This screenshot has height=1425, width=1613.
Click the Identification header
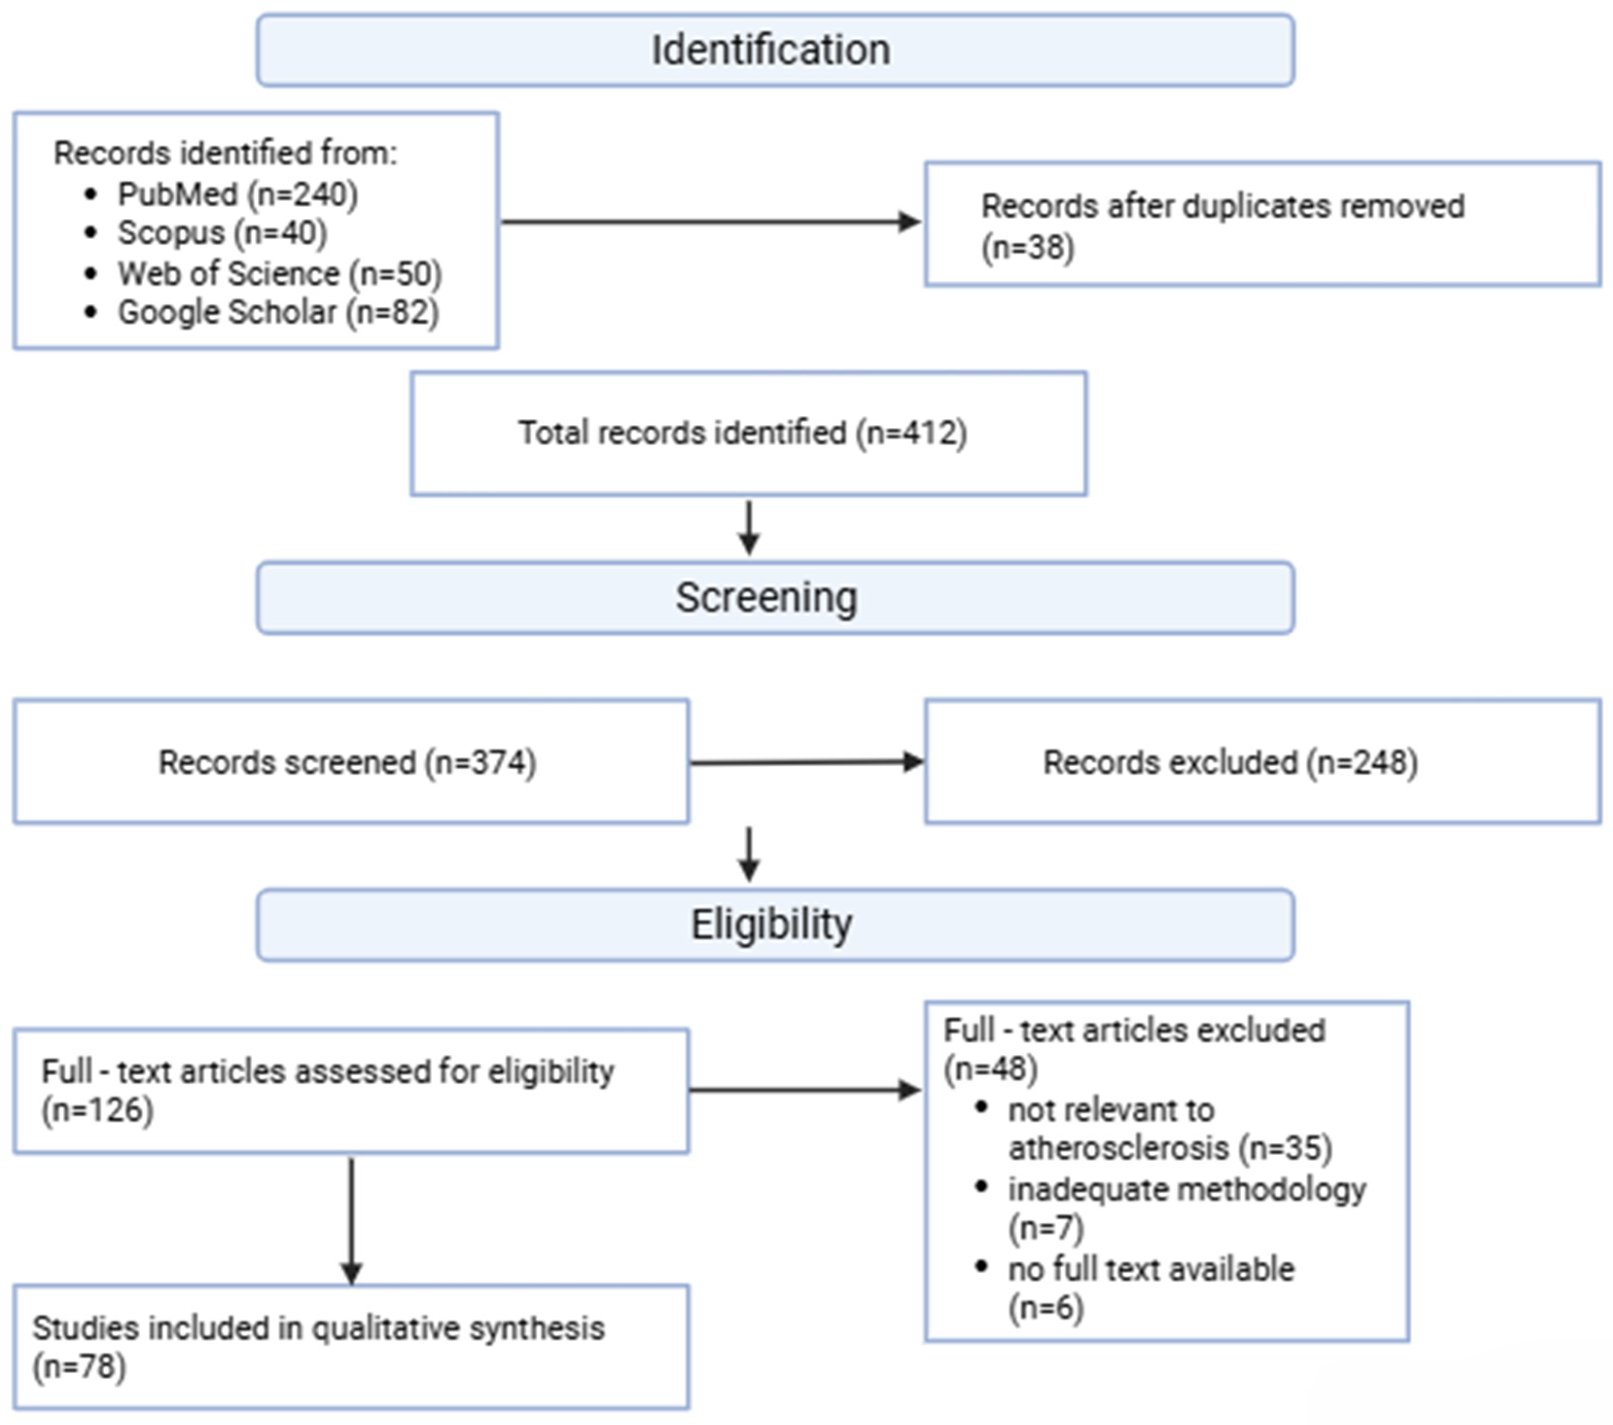[x=775, y=50]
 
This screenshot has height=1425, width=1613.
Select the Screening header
[x=775, y=597]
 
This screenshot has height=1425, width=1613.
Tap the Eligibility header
[x=775, y=925]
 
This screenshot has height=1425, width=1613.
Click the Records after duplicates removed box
[x=1262, y=224]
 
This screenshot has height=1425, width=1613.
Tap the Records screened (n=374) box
[x=351, y=762]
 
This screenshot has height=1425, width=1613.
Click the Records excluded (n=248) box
[x=1262, y=762]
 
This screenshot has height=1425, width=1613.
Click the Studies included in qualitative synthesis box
[x=351, y=1347]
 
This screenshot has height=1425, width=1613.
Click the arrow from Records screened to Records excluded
[x=806, y=762]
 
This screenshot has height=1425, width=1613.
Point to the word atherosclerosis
[x=1118, y=1148]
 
